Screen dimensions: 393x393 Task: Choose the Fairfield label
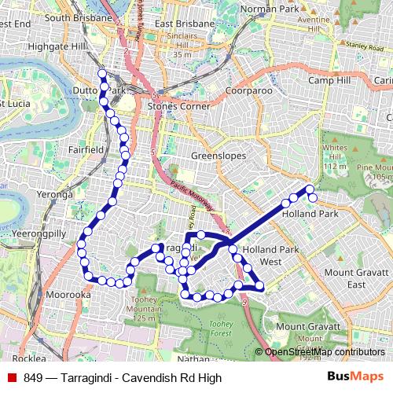86,149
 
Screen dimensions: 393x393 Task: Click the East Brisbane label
185,24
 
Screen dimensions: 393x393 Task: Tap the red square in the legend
12,378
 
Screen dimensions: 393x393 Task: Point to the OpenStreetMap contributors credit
324,352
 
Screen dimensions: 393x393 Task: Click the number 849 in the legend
33,378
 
